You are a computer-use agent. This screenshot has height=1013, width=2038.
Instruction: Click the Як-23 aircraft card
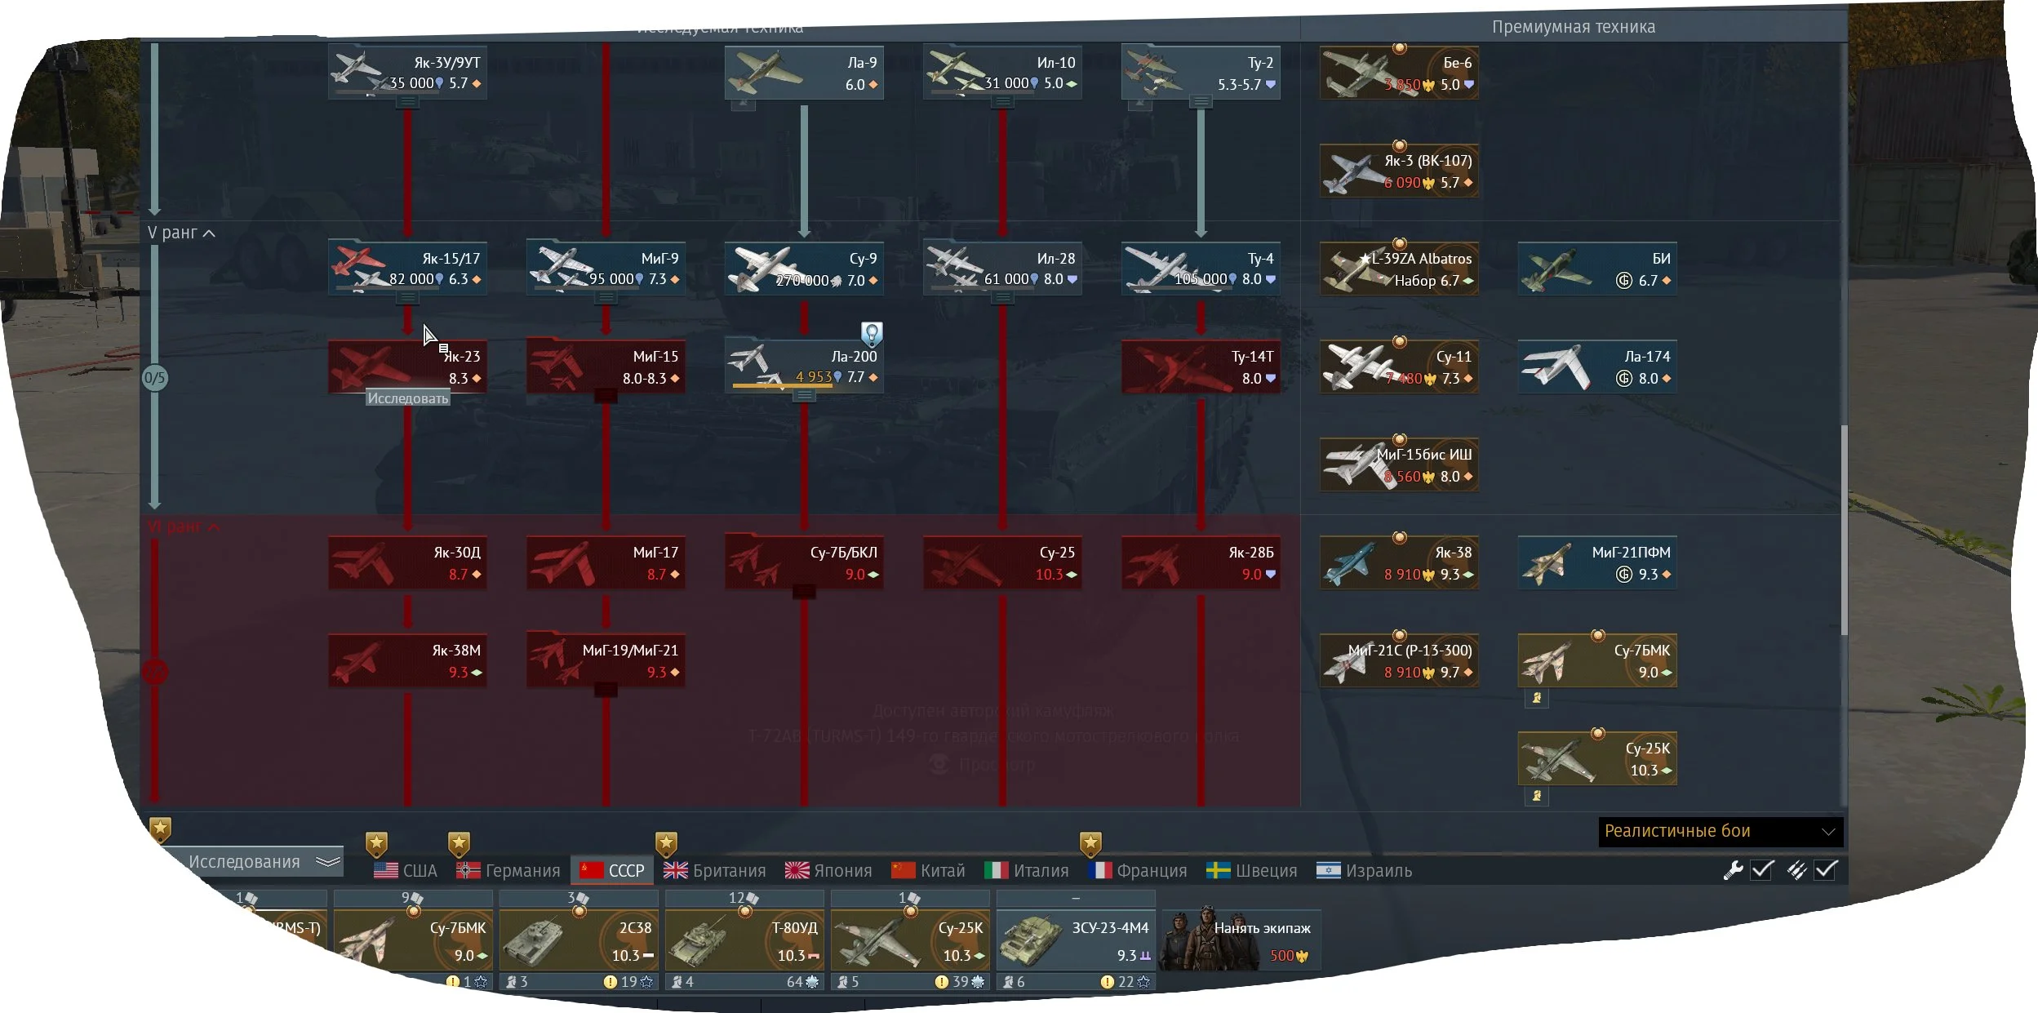(x=407, y=367)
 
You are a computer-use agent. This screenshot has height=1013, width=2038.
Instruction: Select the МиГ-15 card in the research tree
(x=606, y=367)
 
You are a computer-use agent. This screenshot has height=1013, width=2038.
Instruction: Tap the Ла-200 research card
(x=804, y=367)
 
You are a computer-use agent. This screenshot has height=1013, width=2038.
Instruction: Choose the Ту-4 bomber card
(x=1201, y=269)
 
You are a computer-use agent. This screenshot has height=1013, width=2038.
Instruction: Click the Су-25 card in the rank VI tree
(x=1002, y=562)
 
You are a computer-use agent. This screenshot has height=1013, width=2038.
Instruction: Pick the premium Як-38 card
(x=1399, y=562)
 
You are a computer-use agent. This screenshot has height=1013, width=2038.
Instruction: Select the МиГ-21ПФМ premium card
(x=1597, y=562)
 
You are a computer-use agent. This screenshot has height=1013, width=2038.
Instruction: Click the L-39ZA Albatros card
(x=1399, y=269)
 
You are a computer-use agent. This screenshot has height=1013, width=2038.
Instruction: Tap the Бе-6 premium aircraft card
(x=1399, y=73)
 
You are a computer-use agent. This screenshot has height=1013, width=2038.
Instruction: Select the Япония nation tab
(x=828, y=870)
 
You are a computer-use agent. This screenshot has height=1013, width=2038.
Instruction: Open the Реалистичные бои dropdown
(x=1720, y=831)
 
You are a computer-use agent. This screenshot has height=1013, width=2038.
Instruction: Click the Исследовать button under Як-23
(x=407, y=398)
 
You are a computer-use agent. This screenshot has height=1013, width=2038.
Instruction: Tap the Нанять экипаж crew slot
(x=1241, y=939)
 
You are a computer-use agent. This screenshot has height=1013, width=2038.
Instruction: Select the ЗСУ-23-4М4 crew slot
(x=1076, y=939)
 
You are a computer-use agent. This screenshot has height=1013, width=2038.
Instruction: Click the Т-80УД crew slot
(x=744, y=939)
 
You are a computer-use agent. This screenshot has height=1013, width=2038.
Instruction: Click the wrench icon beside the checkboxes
(x=1732, y=870)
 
